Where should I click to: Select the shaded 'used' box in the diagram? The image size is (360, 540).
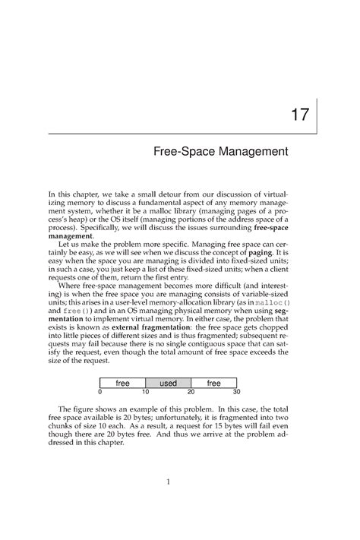tap(168, 383)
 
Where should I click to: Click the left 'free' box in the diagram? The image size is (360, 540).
tap(122, 383)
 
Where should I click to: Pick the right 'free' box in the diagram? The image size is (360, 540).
tap(213, 383)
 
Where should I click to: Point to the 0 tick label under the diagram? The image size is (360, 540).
tap(99, 392)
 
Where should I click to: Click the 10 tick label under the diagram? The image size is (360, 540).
tap(145, 392)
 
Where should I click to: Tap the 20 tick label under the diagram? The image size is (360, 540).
tap(191, 392)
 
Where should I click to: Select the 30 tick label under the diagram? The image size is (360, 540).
tap(235, 392)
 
